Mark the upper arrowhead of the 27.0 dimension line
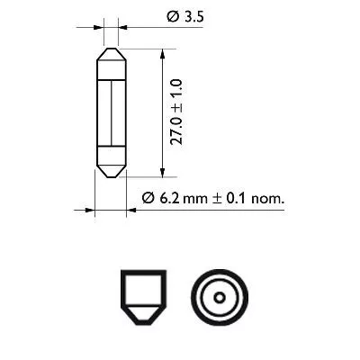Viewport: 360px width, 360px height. [x=162, y=53]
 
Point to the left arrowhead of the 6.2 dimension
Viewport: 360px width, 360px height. [x=90, y=211]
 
